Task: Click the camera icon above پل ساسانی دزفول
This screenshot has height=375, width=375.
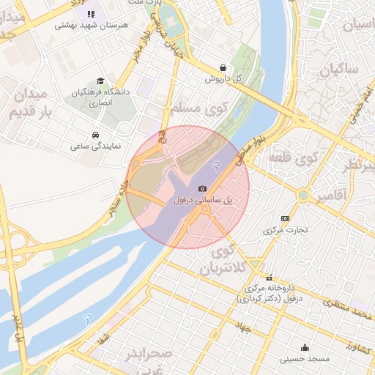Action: click(x=202, y=189)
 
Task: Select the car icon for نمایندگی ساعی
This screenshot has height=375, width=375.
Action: click(x=96, y=135)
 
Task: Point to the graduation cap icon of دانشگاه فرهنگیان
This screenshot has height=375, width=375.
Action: click(x=100, y=81)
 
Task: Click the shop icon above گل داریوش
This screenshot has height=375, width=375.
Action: click(x=223, y=67)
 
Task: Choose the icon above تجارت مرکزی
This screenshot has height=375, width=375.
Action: click(x=285, y=218)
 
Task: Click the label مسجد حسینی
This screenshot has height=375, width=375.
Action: click(x=305, y=359)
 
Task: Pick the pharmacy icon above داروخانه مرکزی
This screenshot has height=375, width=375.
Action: click(x=270, y=278)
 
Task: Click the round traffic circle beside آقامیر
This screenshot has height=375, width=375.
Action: click(x=303, y=196)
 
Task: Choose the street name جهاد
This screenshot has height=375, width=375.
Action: click(x=243, y=329)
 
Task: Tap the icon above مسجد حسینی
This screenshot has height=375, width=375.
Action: click(x=305, y=347)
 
